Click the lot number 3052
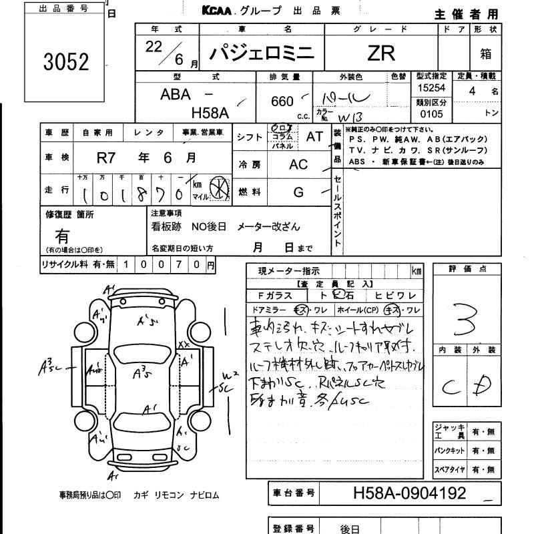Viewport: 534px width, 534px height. (x=65, y=62)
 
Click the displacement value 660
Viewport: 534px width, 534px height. (x=282, y=101)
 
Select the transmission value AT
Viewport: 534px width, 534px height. (x=314, y=136)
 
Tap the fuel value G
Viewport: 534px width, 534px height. (x=298, y=192)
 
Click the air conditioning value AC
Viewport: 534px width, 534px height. (x=298, y=165)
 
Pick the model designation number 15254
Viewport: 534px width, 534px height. (x=428, y=88)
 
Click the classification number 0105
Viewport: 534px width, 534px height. (x=428, y=114)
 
